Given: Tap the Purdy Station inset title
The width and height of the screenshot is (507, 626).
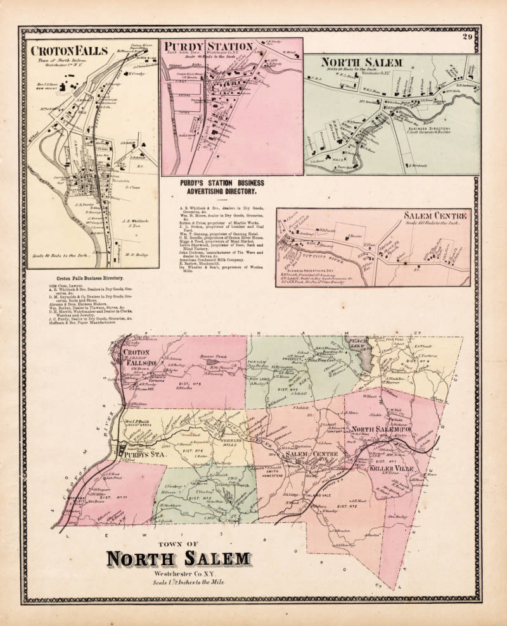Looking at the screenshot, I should [x=209, y=48].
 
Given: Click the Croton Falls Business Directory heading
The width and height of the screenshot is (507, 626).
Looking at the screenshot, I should [x=89, y=278].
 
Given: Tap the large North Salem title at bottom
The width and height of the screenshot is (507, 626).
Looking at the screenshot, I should [x=178, y=559].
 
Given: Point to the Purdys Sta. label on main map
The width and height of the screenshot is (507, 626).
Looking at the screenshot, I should [x=139, y=454].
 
